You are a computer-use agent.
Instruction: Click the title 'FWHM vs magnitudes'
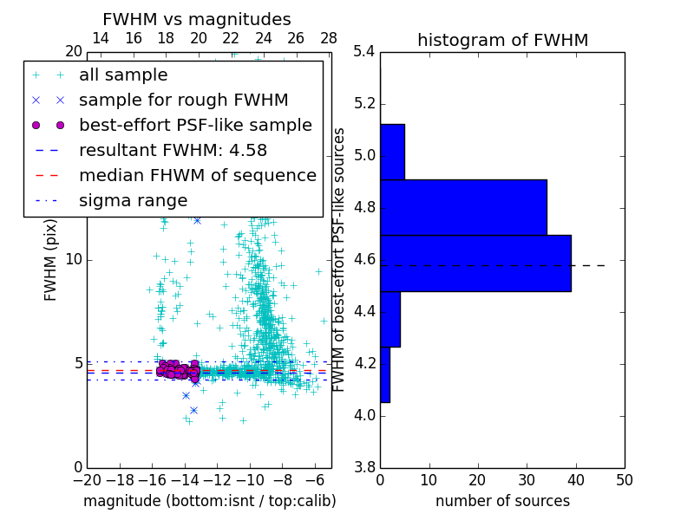197,19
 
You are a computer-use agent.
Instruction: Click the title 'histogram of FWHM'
502,40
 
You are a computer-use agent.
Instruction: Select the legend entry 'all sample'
123,75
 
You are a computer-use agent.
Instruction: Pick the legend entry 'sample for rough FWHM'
183,101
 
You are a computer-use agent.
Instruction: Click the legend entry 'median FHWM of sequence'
197,176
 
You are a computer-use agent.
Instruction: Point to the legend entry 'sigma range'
133,201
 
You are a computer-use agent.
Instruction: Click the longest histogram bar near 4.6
475,263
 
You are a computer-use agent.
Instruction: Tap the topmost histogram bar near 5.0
392,152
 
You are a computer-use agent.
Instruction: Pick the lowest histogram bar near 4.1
385,374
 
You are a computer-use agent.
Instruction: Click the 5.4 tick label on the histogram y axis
363,52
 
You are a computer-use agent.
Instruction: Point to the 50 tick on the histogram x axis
624,479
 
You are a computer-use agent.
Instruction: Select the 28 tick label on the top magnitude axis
329,38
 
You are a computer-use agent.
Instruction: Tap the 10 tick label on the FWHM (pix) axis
73,260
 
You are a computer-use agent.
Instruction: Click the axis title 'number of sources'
502,501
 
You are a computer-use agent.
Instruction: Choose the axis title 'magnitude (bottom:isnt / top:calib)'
209,501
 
